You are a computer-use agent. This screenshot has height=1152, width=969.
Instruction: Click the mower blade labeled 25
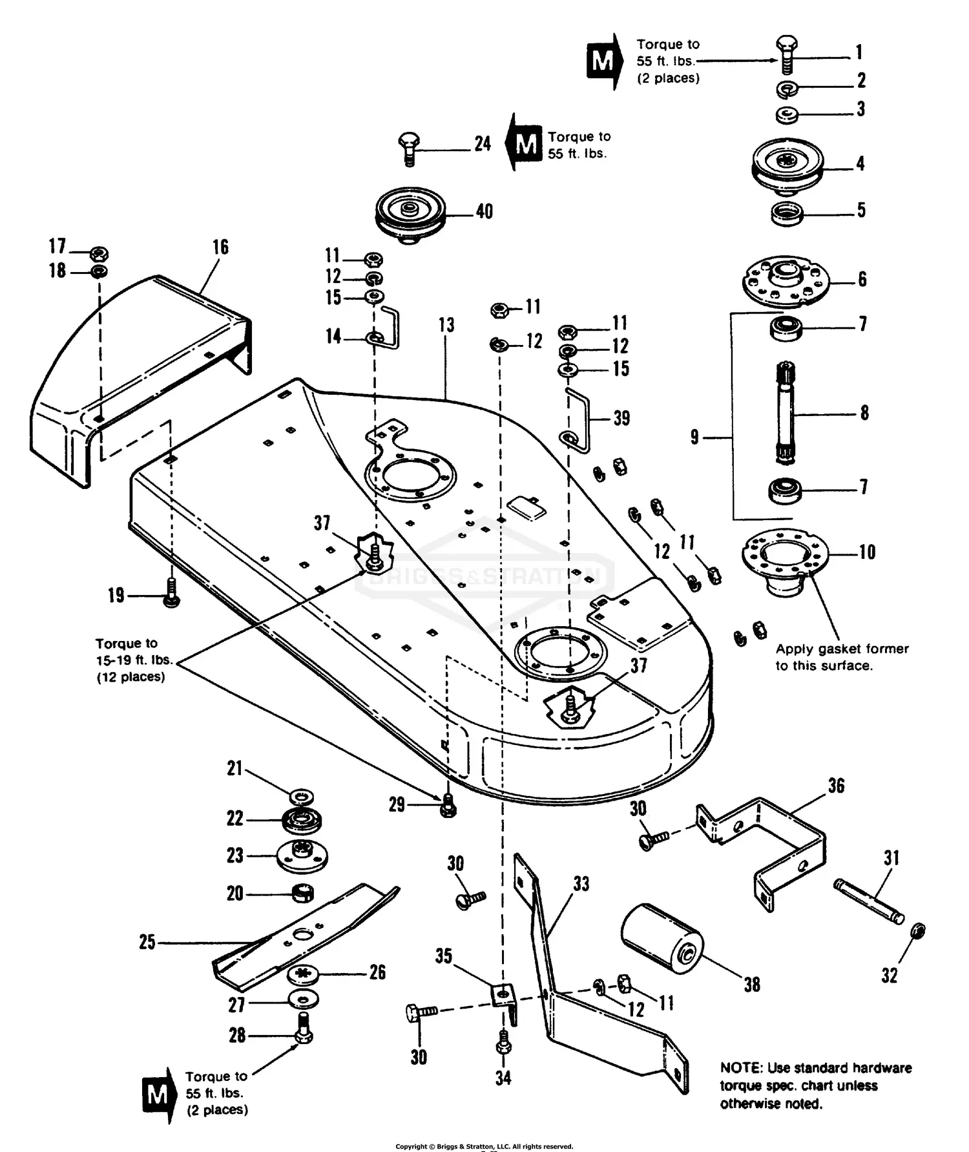[x=304, y=937]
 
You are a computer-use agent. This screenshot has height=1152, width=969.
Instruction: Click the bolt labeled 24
[x=409, y=149]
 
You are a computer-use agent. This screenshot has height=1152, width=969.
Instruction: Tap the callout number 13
[x=446, y=325]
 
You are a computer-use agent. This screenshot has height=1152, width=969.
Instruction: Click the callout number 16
[x=220, y=247]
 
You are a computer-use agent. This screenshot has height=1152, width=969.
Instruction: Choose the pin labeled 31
[x=868, y=901]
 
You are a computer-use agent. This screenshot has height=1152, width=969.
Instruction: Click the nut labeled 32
[x=917, y=932]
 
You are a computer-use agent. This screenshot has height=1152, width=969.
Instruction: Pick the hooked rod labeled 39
[x=578, y=420]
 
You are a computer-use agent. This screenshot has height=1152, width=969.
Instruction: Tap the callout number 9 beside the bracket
[x=694, y=437]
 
